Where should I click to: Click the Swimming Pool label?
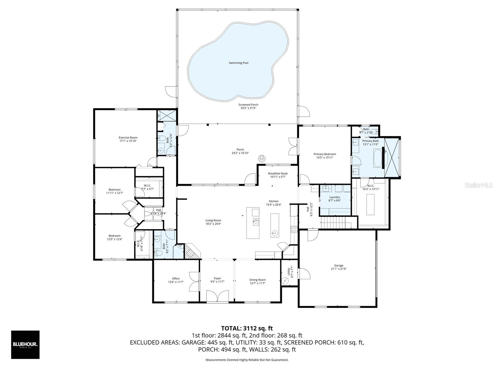[238, 63]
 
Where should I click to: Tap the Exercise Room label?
[128, 138]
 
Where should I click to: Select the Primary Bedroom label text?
[324, 154]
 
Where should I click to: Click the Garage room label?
[338, 265]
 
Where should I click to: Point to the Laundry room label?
[335, 197]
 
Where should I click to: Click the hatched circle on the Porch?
[262, 158]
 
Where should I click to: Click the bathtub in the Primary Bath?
[377, 158]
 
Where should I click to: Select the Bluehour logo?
[25, 344]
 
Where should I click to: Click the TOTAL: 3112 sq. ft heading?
[247, 328]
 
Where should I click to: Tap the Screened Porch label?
[248, 105]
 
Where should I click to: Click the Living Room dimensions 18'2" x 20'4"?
[213, 224]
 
